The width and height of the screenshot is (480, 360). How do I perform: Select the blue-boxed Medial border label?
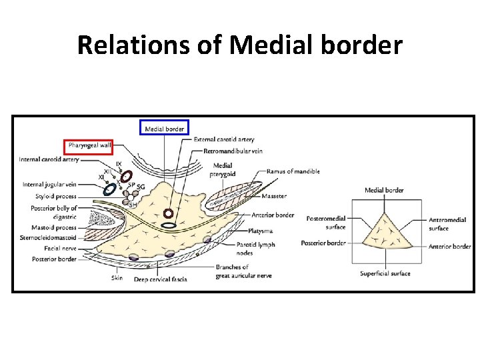[x=165, y=127]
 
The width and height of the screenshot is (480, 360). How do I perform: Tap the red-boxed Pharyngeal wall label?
[x=88, y=145]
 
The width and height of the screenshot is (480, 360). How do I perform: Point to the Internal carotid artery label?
[x=49, y=159]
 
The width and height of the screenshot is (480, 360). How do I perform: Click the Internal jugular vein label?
[x=49, y=184]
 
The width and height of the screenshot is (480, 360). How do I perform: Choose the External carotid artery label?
[x=224, y=140]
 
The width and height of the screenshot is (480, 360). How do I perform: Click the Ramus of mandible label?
[x=293, y=171]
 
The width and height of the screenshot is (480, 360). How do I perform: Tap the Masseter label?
[x=274, y=196]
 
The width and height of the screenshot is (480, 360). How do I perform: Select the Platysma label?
[x=267, y=231]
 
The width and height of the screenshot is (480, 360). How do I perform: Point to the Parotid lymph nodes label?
[x=255, y=249]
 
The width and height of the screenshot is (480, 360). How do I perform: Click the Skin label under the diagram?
[x=117, y=278]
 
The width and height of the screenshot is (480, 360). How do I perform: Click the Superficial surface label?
[x=385, y=273]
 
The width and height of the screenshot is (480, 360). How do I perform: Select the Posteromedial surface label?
[x=325, y=223]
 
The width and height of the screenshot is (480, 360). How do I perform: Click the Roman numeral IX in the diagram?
[x=119, y=164]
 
